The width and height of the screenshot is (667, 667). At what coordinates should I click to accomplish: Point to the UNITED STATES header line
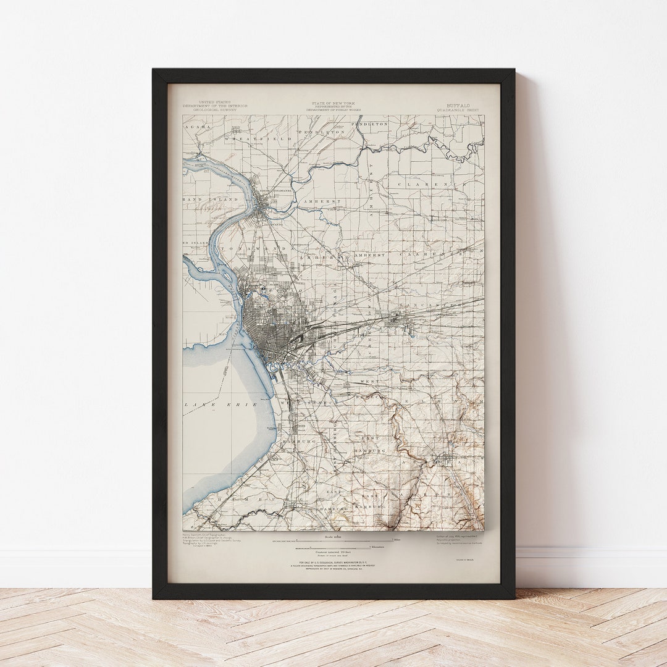click(x=214, y=102)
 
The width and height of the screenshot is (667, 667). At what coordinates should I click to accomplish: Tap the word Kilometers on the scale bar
click(x=377, y=547)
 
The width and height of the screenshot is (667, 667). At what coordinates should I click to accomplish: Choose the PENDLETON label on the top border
click(x=370, y=124)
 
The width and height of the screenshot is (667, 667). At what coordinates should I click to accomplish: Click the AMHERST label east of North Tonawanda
click(x=320, y=201)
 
